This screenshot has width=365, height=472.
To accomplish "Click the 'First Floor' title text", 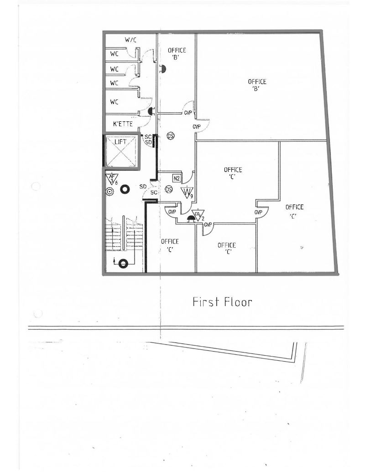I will pos(222,302).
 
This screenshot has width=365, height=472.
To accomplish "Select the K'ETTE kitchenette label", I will pos(123,124).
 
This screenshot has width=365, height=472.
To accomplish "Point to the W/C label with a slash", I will pos(130,40).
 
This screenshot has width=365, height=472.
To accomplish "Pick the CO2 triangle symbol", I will pos(198,214).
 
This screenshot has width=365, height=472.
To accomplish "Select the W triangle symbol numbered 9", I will pos(187,192).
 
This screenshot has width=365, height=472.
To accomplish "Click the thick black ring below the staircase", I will pos(123,263).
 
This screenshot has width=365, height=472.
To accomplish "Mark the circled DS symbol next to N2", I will pos(168,189).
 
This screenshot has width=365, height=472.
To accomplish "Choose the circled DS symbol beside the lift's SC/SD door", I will pos(170,136).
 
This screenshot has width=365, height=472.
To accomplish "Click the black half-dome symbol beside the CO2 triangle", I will pos(190,219).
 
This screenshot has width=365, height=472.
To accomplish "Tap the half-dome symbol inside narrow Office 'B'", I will pos(162,69).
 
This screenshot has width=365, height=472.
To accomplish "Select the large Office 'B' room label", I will pos(257,85).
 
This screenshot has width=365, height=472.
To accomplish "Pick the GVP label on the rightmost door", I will pos(258,213).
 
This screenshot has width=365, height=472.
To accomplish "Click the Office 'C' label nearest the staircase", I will pos(170,245).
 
